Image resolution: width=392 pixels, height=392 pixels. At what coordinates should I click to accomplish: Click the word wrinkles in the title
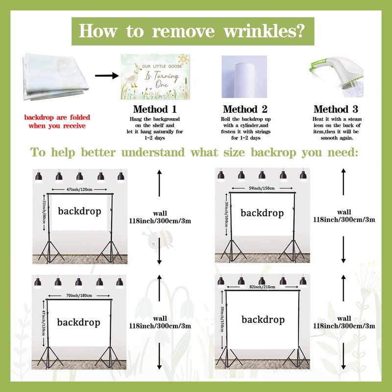pos(265,31)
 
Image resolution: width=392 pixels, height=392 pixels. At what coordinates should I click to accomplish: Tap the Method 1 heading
pos(155,109)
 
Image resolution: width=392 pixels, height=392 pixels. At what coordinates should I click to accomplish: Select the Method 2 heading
pos(245,109)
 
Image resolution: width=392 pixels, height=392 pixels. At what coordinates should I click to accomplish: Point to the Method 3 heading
pos(336,109)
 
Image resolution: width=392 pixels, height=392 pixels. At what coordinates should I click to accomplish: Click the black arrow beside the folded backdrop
pos(107,75)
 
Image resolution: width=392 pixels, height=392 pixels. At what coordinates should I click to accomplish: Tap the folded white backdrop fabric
pos(55,76)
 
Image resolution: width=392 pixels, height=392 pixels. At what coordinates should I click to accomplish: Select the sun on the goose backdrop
pos(183,60)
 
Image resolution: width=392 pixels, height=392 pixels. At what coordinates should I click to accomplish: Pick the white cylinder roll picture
pos(244,77)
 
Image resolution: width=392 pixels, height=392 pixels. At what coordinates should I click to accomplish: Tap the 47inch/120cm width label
pos(79,190)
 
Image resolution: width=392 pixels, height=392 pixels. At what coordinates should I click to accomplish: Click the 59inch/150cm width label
pos(262,188)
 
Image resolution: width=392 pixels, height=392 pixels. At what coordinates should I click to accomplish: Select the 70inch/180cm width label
pos(79,295)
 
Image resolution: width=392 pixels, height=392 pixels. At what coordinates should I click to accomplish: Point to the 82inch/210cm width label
pos(262,287)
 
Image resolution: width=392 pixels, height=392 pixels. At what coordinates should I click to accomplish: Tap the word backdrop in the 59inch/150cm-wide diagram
pos(262,213)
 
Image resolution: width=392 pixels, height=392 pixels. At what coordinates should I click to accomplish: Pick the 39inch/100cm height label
pos(226,214)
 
